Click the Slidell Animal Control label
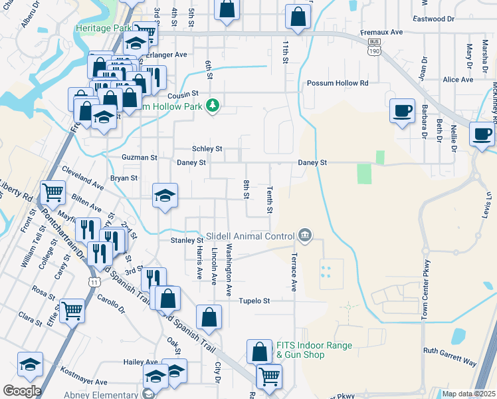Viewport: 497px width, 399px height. pos(250,236)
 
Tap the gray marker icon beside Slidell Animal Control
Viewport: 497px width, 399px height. pos(305,234)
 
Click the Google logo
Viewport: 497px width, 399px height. pos(22,391)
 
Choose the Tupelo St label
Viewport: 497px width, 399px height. pos(254,301)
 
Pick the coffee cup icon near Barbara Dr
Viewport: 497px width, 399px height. pos(402,111)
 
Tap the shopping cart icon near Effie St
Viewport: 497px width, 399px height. pos(72,310)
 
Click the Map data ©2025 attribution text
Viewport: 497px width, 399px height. pos(468,394)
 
